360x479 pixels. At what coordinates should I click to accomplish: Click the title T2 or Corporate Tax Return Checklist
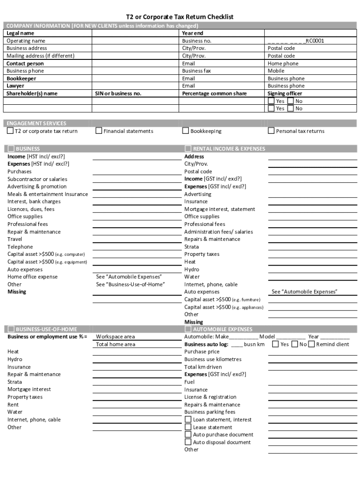(x=180, y=17)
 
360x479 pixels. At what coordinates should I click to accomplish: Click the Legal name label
(x=20, y=33)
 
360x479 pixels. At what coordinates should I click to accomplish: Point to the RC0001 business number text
(x=315, y=41)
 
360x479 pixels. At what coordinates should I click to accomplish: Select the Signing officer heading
(x=285, y=94)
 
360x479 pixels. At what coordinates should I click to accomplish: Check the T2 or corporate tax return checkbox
(x=10, y=131)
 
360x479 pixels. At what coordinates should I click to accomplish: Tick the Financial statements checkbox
(x=99, y=131)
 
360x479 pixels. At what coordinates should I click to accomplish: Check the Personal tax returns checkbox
(x=271, y=131)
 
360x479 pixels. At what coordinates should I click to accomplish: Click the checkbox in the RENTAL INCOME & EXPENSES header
(x=188, y=149)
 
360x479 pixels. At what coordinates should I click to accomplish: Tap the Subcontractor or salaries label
(x=37, y=179)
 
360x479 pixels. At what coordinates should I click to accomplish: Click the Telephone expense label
(x=20, y=247)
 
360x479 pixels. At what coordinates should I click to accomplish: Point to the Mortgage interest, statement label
(x=220, y=209)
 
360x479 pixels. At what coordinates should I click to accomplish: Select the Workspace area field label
(x=115, y=337)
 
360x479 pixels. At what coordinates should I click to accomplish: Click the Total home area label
(x=115, y=344)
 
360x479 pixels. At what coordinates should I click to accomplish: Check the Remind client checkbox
(x=312, y=344)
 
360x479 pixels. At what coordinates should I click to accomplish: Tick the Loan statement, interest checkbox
(x=188, y=420)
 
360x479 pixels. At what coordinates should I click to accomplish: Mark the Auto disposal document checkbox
(x=188, y=442)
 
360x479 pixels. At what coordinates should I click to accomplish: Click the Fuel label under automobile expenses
(x=189, y=382)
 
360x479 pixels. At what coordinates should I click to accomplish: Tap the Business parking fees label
(x=210, y=412)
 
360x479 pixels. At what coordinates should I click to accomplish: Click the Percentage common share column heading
(x=214, y=94)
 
